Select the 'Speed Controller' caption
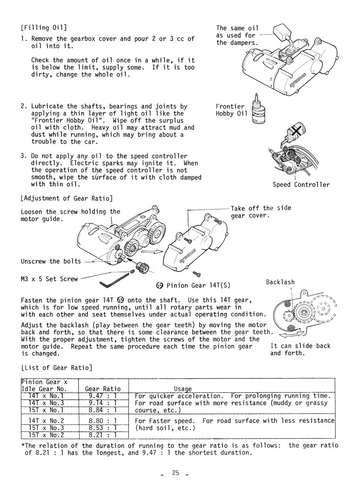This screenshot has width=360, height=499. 301,185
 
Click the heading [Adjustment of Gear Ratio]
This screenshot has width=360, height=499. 67,199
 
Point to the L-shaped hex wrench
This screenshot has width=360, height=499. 114,281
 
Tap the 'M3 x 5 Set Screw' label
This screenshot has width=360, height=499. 49,279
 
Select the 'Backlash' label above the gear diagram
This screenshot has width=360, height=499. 280,282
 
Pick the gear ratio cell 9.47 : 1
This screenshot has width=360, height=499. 103,396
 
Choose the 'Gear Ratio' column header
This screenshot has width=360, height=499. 103,389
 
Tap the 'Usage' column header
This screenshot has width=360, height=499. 183,389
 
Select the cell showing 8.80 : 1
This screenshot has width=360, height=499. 103,421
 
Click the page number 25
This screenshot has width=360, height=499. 175,473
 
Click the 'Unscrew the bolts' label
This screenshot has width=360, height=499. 51,261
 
